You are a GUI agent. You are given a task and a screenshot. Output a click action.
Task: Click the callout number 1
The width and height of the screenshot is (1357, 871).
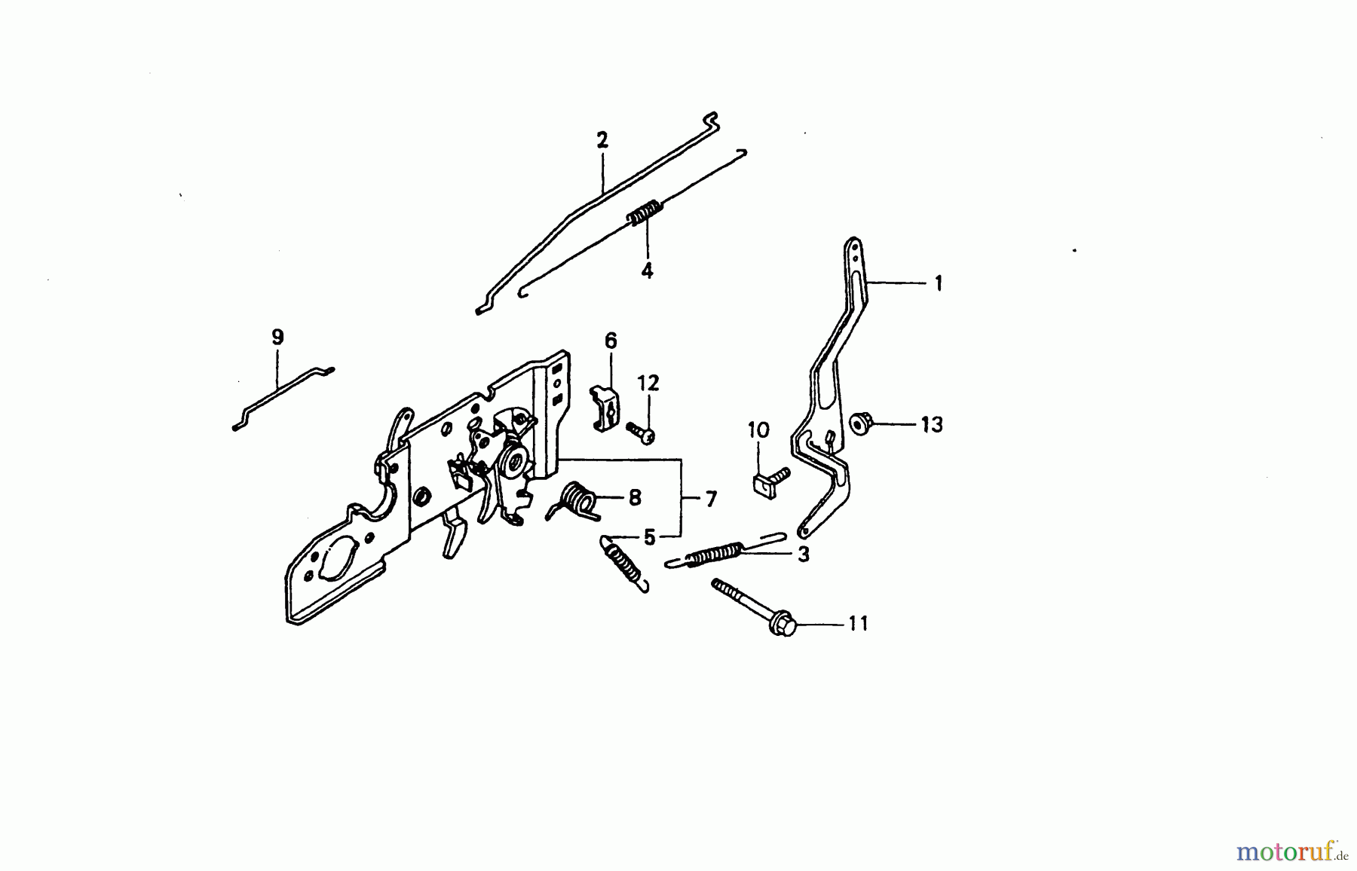pos(939,283)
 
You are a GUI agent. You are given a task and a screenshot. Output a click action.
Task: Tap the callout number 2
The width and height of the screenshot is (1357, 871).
pos(602,140)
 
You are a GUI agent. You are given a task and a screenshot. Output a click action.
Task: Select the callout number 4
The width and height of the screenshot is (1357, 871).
pos(647,270)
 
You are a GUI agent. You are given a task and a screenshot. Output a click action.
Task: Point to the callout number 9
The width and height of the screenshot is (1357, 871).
pos(277,337)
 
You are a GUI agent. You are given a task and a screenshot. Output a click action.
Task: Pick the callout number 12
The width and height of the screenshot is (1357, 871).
pos(648,383)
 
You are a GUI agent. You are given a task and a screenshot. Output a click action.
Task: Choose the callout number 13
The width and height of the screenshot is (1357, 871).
pos(932,425)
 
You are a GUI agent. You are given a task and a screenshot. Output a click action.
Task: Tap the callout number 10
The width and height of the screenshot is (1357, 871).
pos(758,430)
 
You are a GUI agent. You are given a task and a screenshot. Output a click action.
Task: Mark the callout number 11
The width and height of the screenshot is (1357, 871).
pos(858,624)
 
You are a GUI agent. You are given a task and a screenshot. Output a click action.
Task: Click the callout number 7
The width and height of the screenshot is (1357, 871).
pos(711,499)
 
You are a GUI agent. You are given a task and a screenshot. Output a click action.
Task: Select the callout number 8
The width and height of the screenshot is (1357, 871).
pos(635,497)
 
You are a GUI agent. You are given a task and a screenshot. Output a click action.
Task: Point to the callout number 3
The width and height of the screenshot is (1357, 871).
pos(804,555)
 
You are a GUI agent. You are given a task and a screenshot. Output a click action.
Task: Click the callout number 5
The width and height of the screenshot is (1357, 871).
pos(649,537)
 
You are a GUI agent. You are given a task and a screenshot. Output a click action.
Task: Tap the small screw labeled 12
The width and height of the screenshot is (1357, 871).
pos(640,432)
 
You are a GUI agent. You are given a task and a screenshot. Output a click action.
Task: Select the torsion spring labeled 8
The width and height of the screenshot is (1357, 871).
pos(576,501)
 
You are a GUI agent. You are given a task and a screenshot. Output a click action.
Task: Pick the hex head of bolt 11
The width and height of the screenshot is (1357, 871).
pos(783,624)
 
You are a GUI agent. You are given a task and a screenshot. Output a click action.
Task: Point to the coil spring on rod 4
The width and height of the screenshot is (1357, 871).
pos(645,212)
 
